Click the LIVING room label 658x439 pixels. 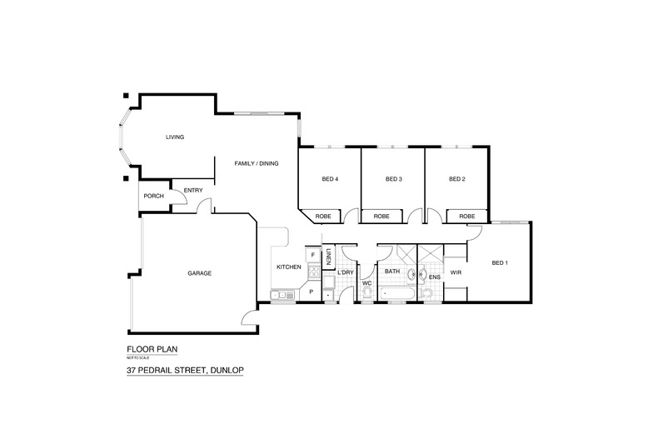pyautogui.click(x=174, y=137)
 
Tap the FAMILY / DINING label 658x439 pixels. pyautogui.click(x=256, y=163)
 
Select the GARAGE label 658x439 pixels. pyautogui.click(x=199, y=273)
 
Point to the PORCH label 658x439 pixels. pyautogui.click(x=153, y=197)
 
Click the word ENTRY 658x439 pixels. pyautogui.click(x=193, y=191)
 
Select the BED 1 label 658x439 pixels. pyautogui.click(x=500, y=263)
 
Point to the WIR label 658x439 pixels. pyautogui.click(x=456, y=272)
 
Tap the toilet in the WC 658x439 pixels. pyautogui.click(x=366, y=293)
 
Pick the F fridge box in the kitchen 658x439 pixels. pyautogui.click(x=312, y=255)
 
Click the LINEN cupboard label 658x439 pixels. pyautogui.click(x=329, y=257)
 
